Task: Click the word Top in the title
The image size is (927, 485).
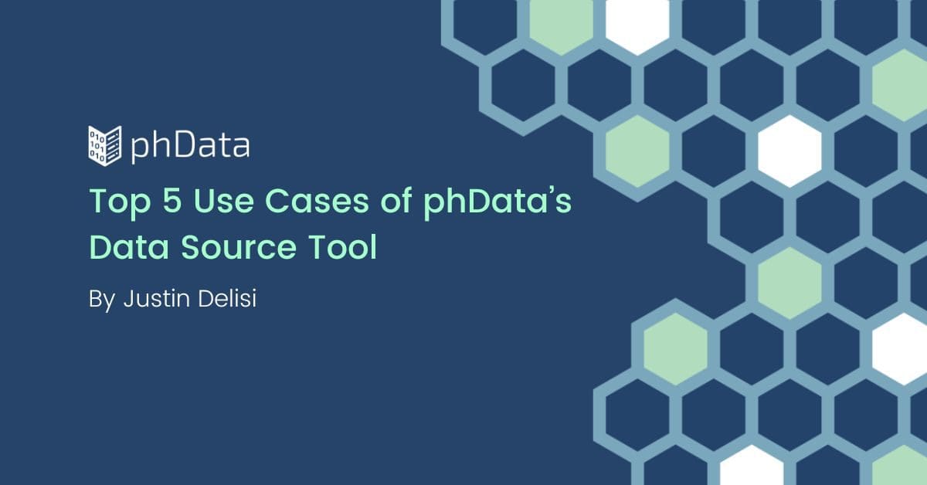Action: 120,202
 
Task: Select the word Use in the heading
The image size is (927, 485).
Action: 223,201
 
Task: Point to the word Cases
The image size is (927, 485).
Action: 317,201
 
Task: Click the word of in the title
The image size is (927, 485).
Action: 396,200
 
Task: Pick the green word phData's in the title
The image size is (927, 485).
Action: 497,202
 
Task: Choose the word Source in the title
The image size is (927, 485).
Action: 238,247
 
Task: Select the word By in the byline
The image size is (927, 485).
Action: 101,300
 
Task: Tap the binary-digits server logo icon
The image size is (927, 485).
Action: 105,146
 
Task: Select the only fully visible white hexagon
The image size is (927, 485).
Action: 789,151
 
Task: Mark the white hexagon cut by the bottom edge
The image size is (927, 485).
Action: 752,466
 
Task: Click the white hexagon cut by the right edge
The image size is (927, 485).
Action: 900,349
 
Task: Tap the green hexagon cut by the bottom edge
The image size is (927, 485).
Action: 900,466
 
